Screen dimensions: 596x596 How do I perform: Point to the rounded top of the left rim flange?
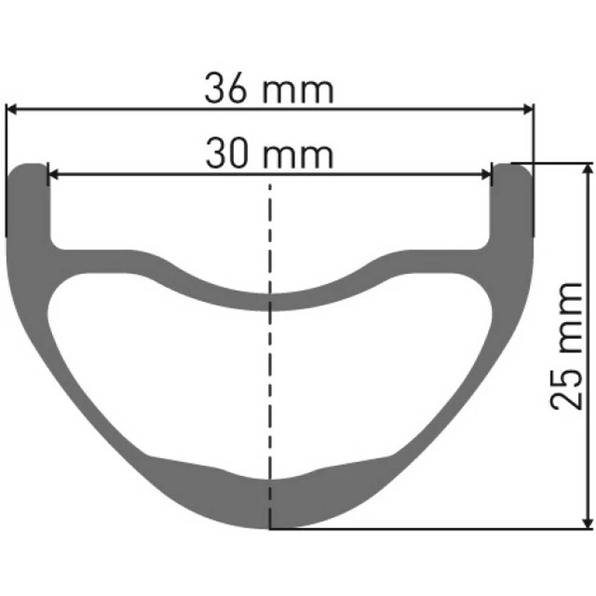28,167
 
